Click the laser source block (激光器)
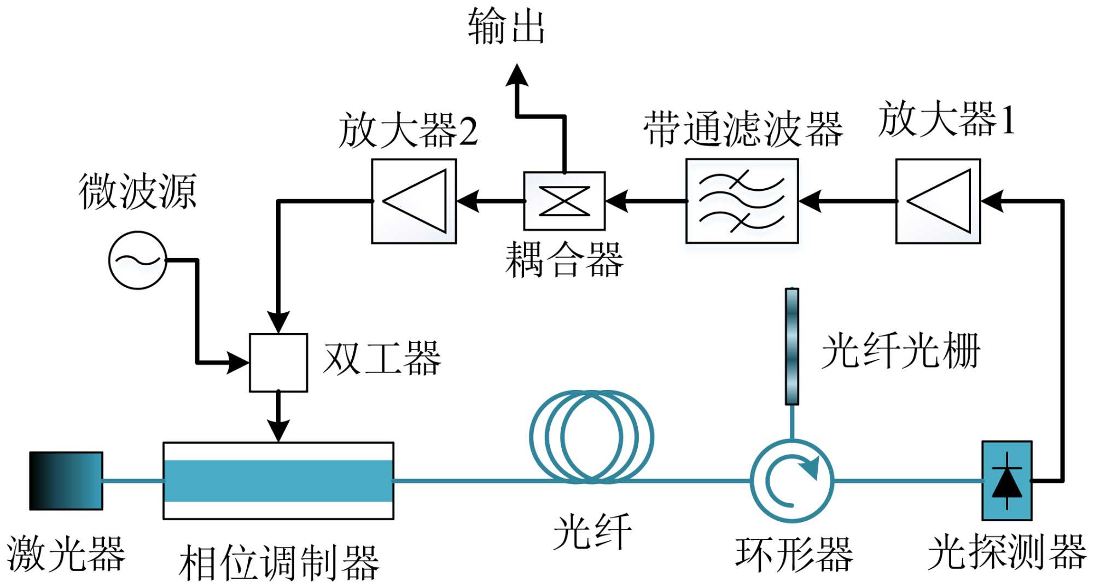[x=66, y=481]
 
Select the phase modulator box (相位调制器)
[x=278, y=481]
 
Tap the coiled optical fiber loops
[x=591, y=437]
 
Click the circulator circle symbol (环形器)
[x=792, y=481]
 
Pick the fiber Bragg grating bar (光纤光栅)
[x=792, y=347]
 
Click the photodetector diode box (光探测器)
[x=1007, y=481]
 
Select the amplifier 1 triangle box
[x=938, y=201]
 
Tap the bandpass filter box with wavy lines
[x=742, y=201]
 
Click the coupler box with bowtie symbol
[x=565, y=201]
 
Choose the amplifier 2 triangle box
[x=414, y=201]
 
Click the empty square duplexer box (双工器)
[x=278, y=363]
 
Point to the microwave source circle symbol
[x=137, y=260]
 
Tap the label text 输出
[x=506, y=26]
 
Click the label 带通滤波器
[x=743, y=129]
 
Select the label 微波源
[x=137, y=191]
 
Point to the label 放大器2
[x=408, y=130]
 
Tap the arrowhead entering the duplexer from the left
[x=238, y=363]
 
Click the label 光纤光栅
[x=900, y=351]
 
